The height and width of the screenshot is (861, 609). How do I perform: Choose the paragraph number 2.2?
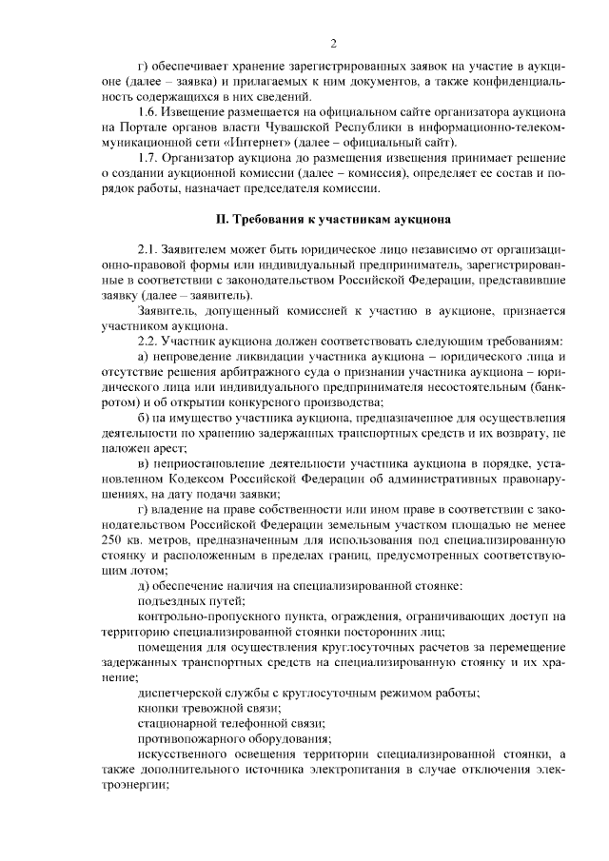click(148, 341)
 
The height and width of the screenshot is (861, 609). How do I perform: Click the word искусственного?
click(183, 754)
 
